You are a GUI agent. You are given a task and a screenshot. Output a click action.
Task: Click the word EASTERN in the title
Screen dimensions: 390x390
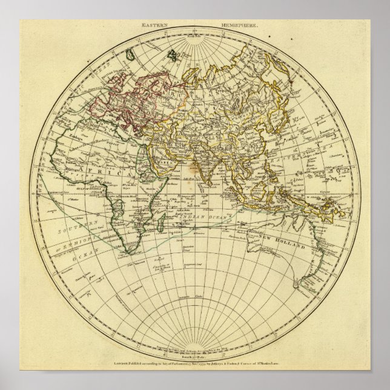(153, 26)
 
